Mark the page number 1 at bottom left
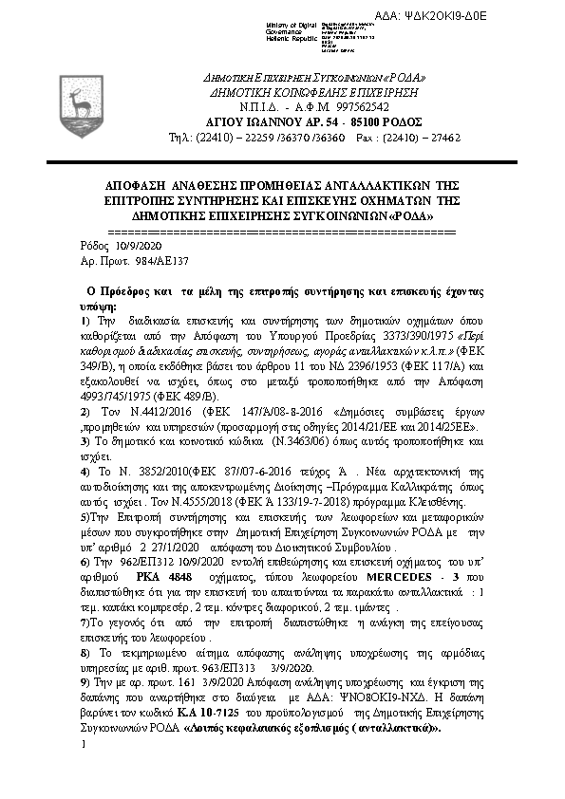tap(84, 744)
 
